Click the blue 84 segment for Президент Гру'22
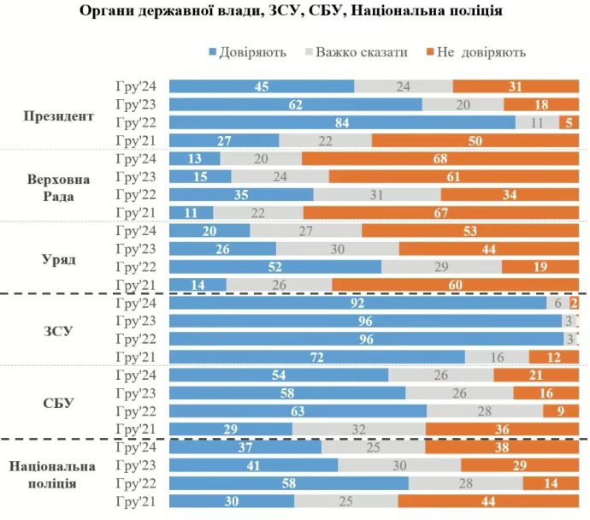(342, 122)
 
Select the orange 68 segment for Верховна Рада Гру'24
(440, 158)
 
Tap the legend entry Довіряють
(247, 52)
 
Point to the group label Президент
(58, 115)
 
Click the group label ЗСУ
(58, 329)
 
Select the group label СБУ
(58, 401)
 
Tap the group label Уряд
(58, 257)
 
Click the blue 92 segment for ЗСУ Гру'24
(357, 302)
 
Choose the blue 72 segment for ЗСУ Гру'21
(317, 356)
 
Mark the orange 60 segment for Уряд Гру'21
(455, 284)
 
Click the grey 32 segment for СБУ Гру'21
(359, 428)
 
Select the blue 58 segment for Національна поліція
(288, 483)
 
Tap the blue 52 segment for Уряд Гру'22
(275, 266)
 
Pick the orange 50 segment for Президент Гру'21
(475, 140)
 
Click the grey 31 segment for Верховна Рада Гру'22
(377, 194)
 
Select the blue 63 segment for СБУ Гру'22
(298, 410)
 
